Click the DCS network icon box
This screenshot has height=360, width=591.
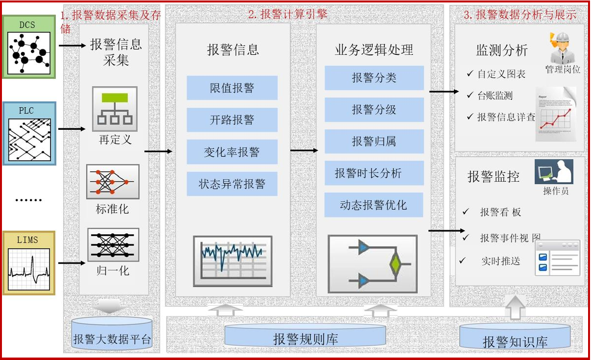[x=29, y=47]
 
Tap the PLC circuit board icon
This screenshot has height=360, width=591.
[x=29, y=133]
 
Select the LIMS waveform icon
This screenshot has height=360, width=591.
[x=29, y=263]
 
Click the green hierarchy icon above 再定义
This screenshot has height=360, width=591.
[x=115, y=109]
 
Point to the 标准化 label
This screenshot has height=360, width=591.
[x=113, y=209]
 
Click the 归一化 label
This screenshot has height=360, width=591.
[x=113, y=270]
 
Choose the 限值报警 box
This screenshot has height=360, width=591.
[x=232, y=88]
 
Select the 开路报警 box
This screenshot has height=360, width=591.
[x=232, y=120]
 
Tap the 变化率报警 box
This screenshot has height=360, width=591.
[x=232, y=152]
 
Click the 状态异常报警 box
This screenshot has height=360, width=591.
[x=232, y=184]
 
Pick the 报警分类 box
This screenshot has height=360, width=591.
[x=374, y=78]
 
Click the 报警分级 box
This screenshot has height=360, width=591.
[x=374, y=110]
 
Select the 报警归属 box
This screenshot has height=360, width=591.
[x=374, y=142]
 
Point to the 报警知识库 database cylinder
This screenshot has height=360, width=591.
[x=515, y=337]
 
